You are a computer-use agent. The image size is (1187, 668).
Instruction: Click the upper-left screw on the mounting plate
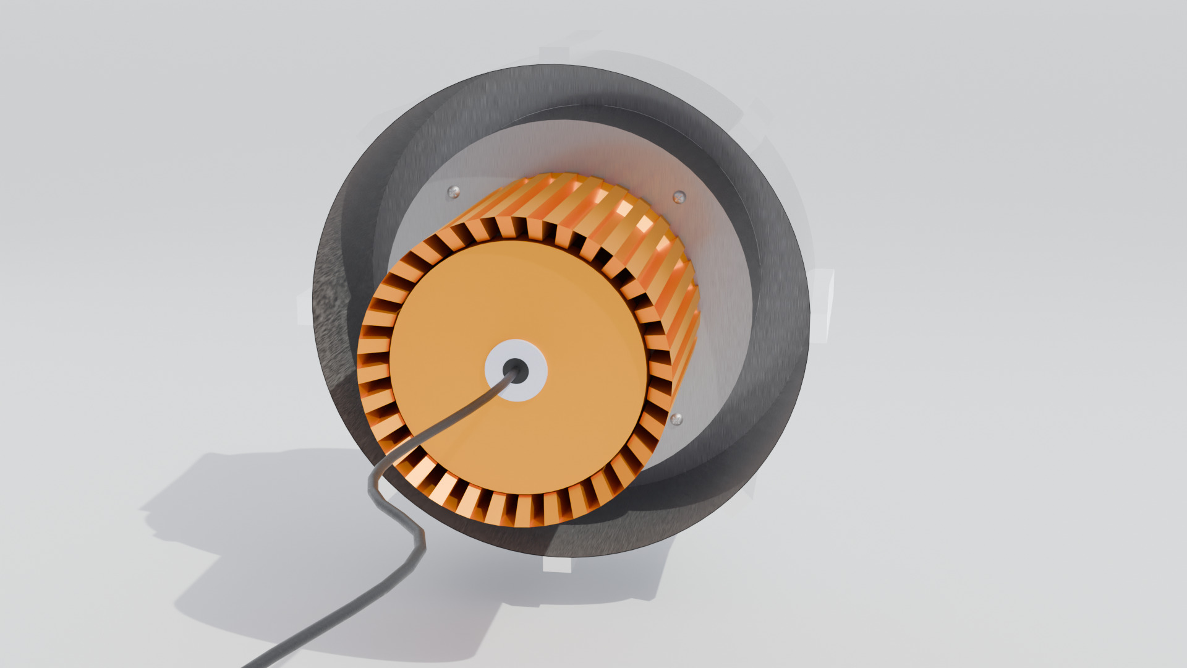click(x=453, y=192)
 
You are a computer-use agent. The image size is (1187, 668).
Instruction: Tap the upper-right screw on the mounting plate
click(x=679, y=197)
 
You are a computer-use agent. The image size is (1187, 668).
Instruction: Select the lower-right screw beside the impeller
click(x=676, y=419)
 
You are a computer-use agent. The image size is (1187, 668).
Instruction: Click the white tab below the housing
click(x=556, y=565)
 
